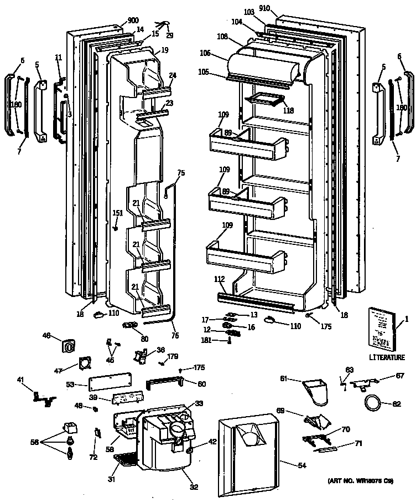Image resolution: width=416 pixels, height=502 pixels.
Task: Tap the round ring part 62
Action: (373, 403)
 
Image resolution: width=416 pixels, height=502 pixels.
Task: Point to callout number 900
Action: (133, 21)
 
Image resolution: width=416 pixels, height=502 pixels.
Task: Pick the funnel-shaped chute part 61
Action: (316, 388)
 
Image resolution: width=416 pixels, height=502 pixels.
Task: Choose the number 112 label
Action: (219, 279)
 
